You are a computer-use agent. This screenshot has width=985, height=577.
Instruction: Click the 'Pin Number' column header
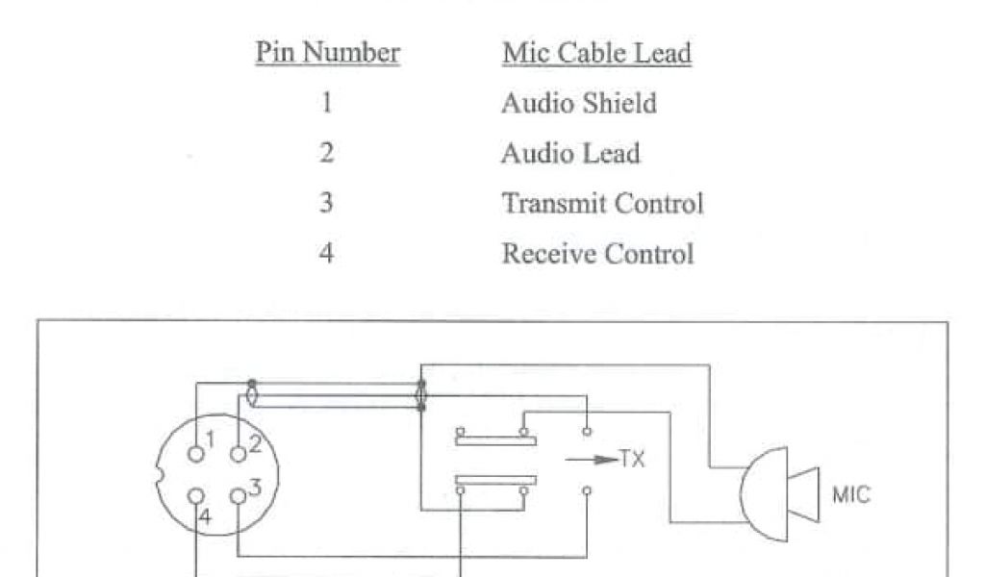point(327,53)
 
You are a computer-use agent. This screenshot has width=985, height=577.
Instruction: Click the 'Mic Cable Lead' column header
point(596,53)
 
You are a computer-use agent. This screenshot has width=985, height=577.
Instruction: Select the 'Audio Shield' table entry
point(578,104)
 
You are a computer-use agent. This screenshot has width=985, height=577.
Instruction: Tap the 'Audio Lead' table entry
point(569,154)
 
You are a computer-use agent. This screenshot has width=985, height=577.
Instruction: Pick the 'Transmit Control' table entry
point(602,204)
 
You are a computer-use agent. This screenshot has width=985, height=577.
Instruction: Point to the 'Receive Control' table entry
point(596,254)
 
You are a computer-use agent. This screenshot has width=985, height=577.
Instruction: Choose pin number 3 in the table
point(327,204)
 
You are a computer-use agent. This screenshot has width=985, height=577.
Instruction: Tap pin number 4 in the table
point(327,254)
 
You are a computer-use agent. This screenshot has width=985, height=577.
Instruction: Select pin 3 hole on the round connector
point(238,496)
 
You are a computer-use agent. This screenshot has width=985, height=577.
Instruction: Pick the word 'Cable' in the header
point(588,53)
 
